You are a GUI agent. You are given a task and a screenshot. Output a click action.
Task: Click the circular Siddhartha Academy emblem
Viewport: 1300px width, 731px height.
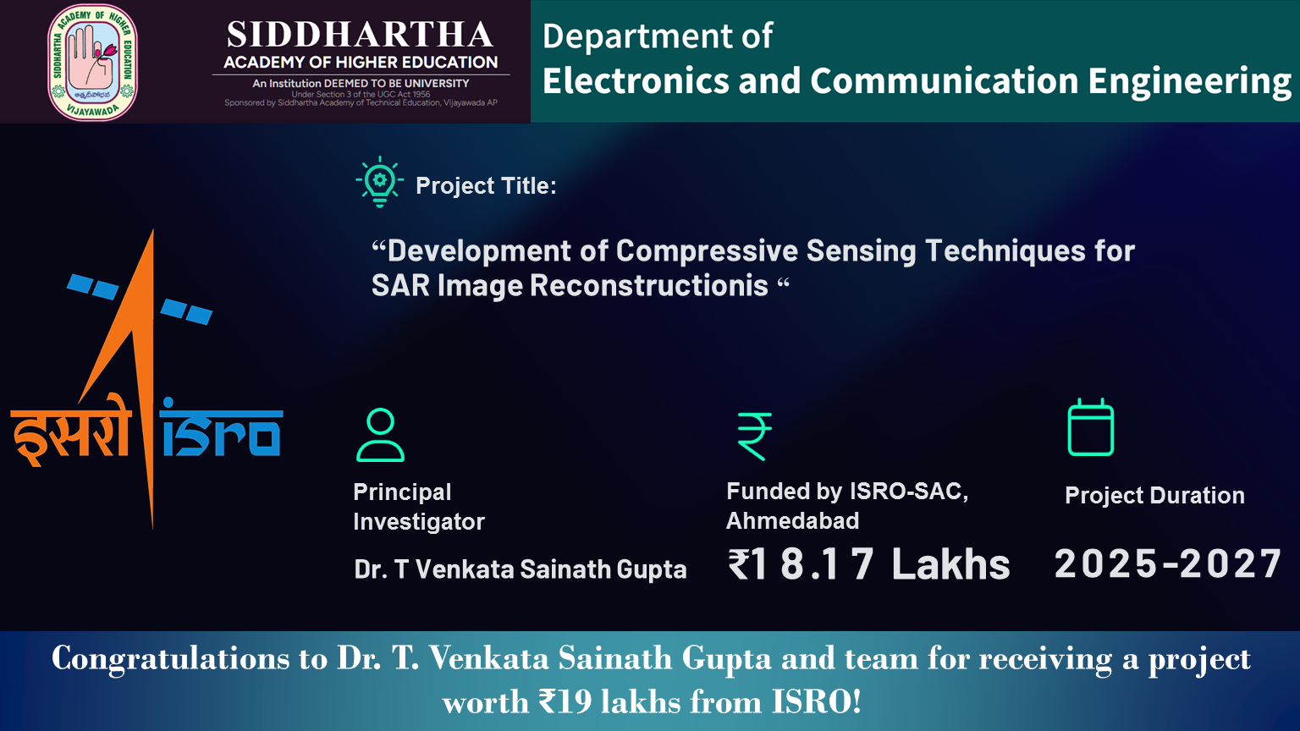[x=92, y=62]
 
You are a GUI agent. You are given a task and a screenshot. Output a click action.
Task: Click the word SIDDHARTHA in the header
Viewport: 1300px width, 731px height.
[x=360, y=35]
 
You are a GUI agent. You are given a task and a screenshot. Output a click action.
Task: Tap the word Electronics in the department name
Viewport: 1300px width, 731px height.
[x=636, y=80]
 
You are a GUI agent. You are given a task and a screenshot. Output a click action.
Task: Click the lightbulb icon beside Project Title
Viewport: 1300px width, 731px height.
[x=379, y=182]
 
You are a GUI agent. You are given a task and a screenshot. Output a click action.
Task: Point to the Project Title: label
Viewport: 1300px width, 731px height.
[x=487, y=185]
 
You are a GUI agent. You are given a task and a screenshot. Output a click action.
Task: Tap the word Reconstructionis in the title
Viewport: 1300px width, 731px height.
[x=649, y=285]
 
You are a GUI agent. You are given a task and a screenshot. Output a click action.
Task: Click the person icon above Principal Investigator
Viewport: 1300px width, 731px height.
[x=380, y=435]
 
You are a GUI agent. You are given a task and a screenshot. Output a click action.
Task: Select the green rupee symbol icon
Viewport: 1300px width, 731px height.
[x=754, y=437]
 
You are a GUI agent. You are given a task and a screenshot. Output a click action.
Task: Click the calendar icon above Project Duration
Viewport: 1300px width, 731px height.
[x=1091, y=427]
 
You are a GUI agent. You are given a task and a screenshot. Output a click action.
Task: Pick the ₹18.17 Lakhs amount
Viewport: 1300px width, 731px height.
[x=869, y=564]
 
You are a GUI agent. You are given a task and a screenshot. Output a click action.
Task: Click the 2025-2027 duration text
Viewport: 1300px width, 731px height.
[x=1168, y=563]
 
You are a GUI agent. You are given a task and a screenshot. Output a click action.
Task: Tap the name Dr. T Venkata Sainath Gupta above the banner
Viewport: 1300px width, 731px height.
[x=520, y=569]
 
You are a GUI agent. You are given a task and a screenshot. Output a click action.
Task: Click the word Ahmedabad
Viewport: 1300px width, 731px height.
[x=793, y=520]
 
